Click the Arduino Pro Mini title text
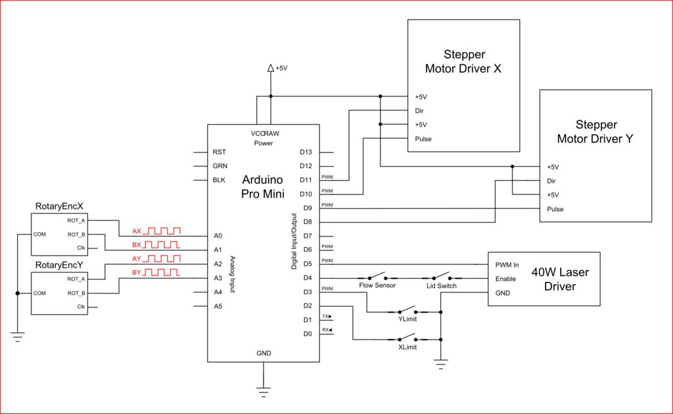pos(263,187)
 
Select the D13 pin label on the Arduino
pos(306,152)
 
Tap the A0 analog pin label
pos(218,235)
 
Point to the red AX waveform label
pos(137,231)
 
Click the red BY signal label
pos(137,273)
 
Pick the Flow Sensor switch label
pos(377,285)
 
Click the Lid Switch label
pos(442,286)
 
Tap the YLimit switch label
pos(407,319)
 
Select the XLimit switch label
pos(407,347)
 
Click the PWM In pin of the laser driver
pos(507,265)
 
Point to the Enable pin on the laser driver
pos(505,279)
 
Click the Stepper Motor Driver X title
pos(463,61)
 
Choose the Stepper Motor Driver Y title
pos(595,131)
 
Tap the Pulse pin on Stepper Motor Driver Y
pos(555,210)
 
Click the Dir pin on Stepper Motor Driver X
pos(419,110)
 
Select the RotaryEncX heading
pos(59,206)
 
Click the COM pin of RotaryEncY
pos(39,294)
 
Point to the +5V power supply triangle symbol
pos(271,68)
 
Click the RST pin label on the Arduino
pos(220,152)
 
